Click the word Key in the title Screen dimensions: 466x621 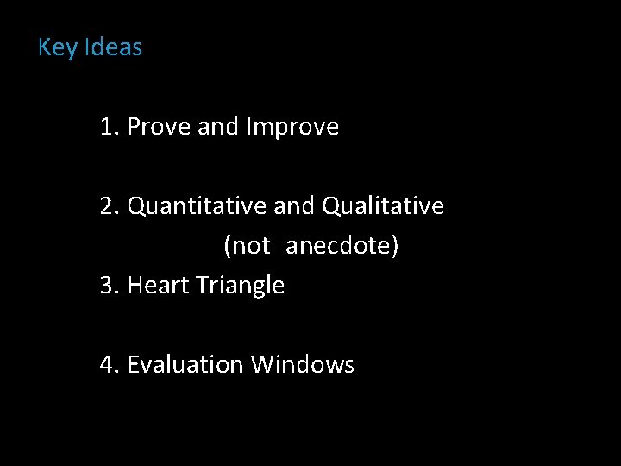pyautogui.click(x=58, y=47)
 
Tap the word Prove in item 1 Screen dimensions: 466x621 pyautogui.click(x=159, y=127)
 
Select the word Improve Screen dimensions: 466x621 pyautogui.click(x=292, y=127)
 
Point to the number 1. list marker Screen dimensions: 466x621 pyautogui.click(x=110, y=127)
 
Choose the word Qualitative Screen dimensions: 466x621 pyautogui.click(x=383, y=206)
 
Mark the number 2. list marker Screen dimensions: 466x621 pyautogui.click(x=110, y=206)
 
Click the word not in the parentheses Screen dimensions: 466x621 pyautogui.click(x=252, y=246)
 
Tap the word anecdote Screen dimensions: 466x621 pyautogui.click(x=338, y=246)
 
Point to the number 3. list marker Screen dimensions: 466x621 pyautogui.click(x=110, y=285)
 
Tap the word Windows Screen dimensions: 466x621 pyautogui.click(x=303, y=364)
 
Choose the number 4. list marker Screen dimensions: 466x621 pyautogui.click(x=110, y=364)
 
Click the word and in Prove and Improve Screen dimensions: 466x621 pyautogui.click(x=218, y=127)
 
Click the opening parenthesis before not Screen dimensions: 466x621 pyautogui.click(x=228, y=247)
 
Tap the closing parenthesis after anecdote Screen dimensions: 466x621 pyautogui.click(x=395, y=247)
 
